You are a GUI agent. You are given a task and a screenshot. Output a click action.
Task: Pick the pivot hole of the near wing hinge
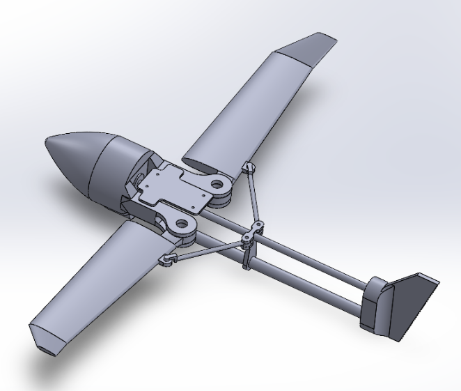point(184,224)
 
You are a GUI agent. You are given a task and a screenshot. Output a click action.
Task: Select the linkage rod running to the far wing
point(255,195)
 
